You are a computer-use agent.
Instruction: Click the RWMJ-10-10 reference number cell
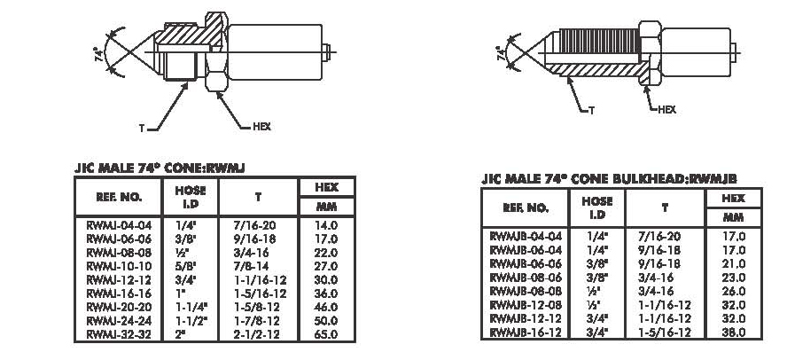(119, 266)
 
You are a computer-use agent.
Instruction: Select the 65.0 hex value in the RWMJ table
(326, 334)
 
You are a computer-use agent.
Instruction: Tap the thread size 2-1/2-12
(257, 334)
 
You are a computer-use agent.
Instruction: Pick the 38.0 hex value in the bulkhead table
(733, 333)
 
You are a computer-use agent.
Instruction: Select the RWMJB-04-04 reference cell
(526, 236)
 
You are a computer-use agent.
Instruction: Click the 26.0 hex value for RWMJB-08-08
(733, 291)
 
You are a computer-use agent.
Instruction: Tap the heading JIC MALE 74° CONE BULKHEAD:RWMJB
(609, 179)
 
